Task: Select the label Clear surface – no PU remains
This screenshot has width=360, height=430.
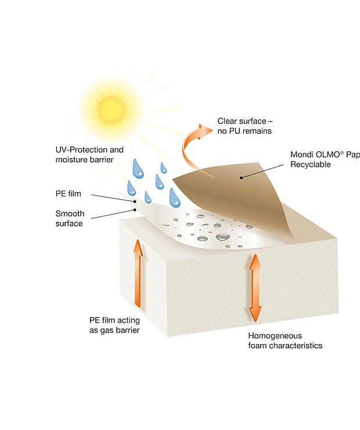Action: point(244,126)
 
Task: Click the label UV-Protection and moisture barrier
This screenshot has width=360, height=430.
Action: point(89,155)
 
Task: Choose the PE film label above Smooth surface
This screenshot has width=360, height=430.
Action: point(69,192)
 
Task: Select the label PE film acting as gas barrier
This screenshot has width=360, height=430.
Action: point(114,326)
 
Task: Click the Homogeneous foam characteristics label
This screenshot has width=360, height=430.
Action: point(285,341)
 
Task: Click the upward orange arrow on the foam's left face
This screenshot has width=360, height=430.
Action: point(138,273)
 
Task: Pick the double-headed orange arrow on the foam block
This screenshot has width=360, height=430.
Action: point(254,288)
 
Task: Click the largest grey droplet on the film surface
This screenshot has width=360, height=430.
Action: point(223,236)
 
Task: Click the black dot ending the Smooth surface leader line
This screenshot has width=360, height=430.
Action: point(135,209)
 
